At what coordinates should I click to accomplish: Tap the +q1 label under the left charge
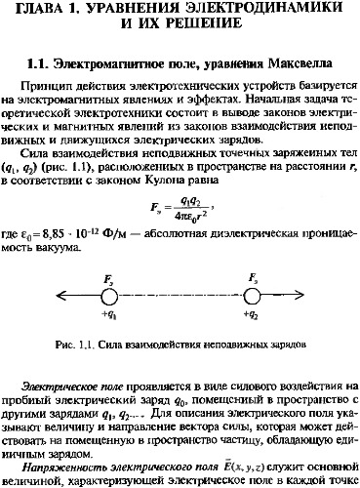(108, 316)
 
